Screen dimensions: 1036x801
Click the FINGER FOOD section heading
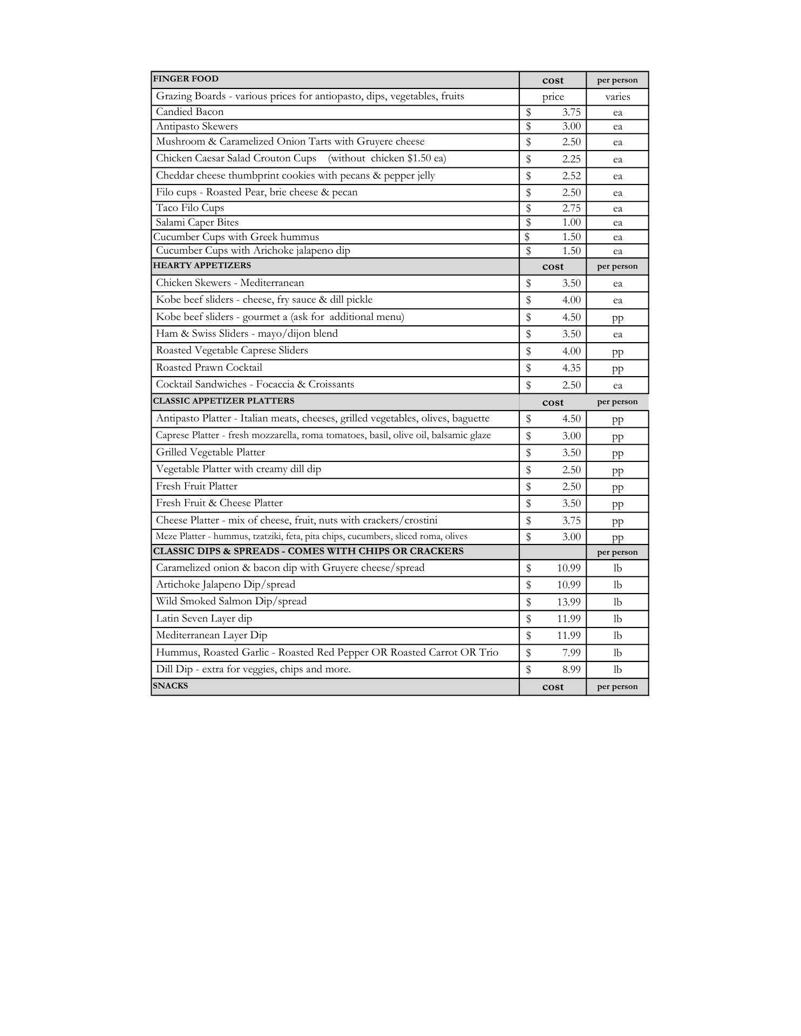[186, 79]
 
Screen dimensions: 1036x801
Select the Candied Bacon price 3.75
[571, 112]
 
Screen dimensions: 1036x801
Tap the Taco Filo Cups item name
[190, 208]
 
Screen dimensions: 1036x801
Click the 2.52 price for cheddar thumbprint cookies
[571, 176]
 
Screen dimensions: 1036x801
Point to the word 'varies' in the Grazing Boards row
[617, 97]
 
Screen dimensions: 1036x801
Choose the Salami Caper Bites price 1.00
[571, 222]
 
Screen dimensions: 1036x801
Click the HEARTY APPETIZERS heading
[202, 265]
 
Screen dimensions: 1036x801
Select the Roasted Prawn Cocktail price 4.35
[571, 368]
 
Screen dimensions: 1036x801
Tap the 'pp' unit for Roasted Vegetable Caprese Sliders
[617, 352]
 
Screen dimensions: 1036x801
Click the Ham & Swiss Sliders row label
[247, 333]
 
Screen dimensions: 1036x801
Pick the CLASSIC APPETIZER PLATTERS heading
[223, 401]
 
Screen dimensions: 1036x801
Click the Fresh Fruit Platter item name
[196, 486]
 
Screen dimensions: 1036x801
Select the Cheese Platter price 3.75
[571, 521]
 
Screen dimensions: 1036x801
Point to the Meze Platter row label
[311, 536]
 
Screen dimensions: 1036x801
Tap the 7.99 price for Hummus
[571, 653]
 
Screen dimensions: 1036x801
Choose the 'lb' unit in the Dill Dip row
[617, 670]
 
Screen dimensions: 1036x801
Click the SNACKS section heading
[171, 686]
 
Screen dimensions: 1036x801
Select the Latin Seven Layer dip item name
[204, 618]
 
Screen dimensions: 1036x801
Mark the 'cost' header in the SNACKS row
[553, 687]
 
